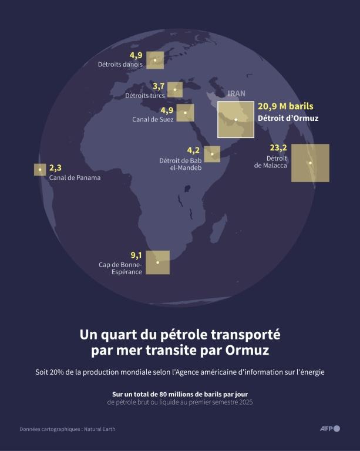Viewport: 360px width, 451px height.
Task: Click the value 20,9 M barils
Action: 285,106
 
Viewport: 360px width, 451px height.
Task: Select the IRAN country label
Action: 236,93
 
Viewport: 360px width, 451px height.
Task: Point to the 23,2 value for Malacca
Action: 278,147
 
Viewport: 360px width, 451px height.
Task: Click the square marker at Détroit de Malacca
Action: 310,163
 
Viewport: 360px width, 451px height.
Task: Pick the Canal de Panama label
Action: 75,177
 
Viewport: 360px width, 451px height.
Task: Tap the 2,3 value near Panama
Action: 55,167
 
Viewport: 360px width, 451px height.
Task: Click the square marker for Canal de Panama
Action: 40,170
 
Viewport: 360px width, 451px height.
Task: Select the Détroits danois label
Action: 120,65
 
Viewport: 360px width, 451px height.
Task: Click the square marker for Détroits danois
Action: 155,60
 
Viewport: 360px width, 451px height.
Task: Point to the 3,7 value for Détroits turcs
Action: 159,86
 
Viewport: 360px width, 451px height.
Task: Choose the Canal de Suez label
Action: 152,119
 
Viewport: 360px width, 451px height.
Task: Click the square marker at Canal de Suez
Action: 185,113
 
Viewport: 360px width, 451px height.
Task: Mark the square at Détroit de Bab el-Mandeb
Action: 212,154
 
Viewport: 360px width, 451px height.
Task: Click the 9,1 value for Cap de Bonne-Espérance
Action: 136,255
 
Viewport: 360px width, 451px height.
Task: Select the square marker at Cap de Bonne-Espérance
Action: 157,262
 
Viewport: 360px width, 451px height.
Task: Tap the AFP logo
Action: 329,429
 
